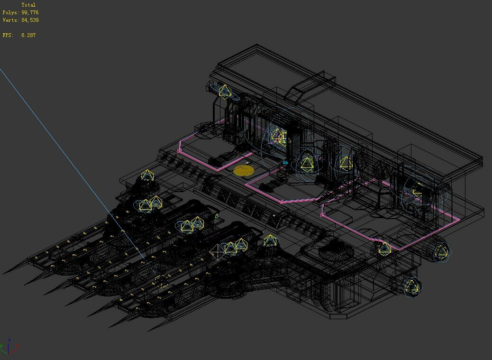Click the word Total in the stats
pos(28,5)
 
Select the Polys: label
pos(11,12)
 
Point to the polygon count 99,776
pos(30,12)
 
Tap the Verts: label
pos(11,20)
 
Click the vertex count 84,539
pos(30,20)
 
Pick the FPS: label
pos(8,35)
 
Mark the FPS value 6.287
pos(28,35)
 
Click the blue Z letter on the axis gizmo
pos(9,340)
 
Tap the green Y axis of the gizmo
pos(3,348)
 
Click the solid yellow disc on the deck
pos(244,171)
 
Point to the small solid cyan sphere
pos(285,163)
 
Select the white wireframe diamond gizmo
pos(218,251)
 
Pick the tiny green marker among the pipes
pos(217,216)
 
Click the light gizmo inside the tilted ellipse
pos(224,91)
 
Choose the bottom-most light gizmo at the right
pos(412,286)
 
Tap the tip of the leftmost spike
pos(3,274)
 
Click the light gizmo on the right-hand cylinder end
pos(441,251)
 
